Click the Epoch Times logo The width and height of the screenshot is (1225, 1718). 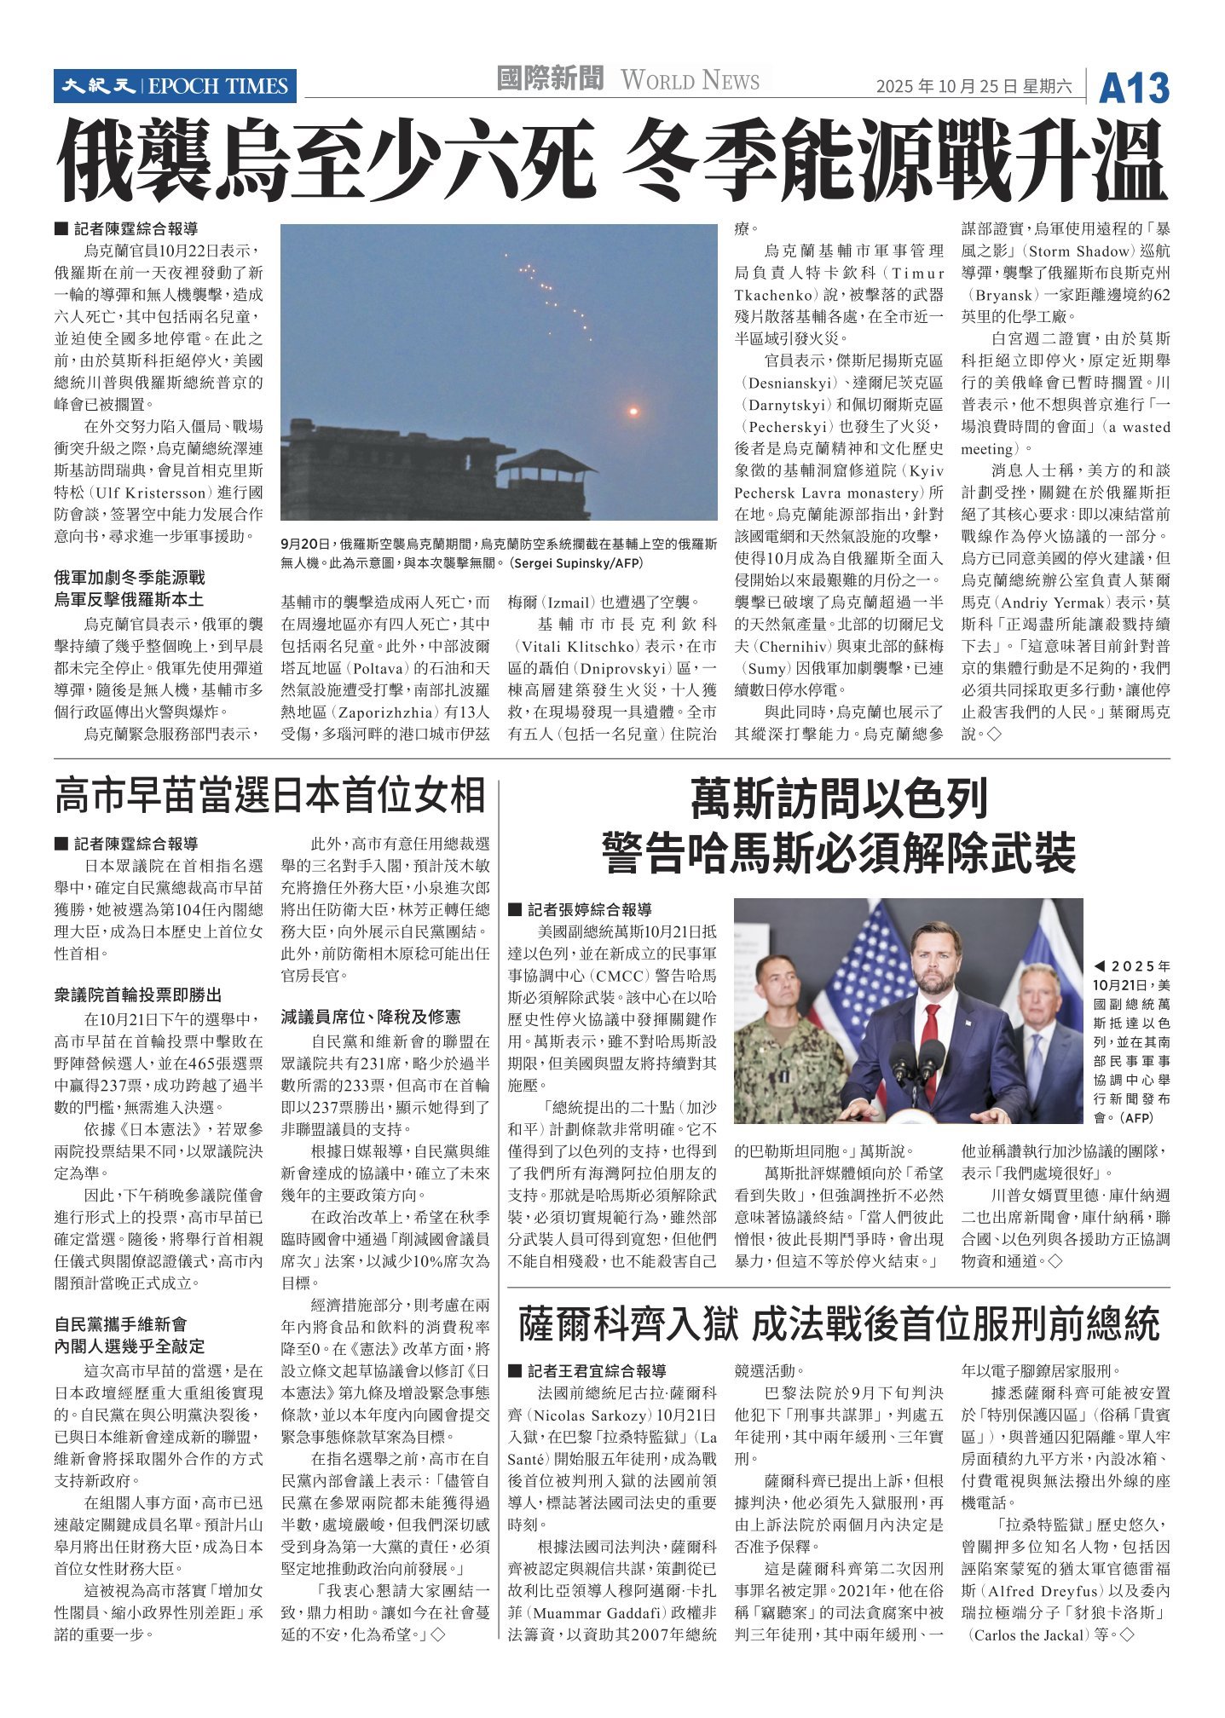(x=175, y=86)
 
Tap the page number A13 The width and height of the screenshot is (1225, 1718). (x=1133, y=88)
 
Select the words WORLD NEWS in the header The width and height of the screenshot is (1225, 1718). (x=690, y=81)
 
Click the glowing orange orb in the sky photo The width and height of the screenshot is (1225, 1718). (x=633, y=412)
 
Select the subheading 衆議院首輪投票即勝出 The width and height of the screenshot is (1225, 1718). (x=138, y=994)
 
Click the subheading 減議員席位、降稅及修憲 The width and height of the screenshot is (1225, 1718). (x=371, y=1017)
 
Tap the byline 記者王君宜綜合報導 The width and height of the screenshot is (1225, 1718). (x=596, y=1371)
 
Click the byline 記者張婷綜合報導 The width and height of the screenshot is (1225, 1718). (x=589, y=909)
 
